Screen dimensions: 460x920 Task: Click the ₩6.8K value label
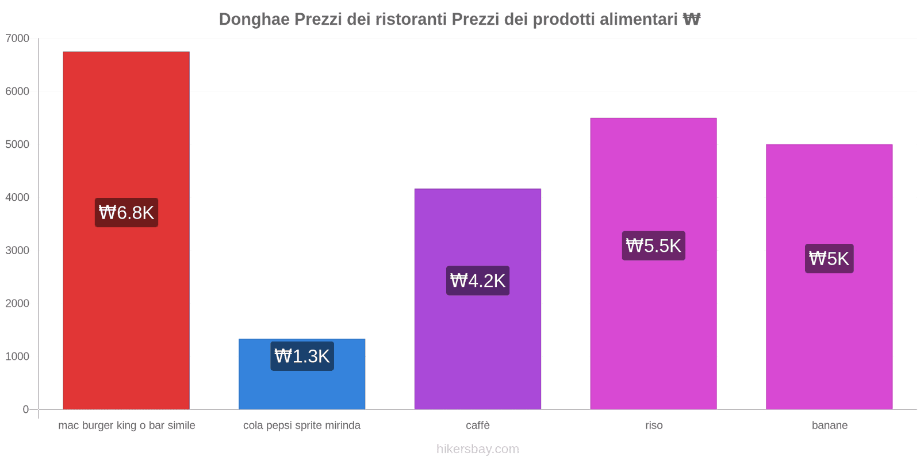[x=126, y=213]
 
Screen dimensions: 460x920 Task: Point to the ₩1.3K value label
[x=302, y=356]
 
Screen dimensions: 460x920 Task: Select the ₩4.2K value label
[x=478, y=281]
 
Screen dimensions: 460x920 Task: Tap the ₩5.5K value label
[x=653, y=246]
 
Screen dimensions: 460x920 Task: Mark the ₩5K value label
[x=829, y=259]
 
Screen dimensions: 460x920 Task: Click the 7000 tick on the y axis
[x=17, y=39]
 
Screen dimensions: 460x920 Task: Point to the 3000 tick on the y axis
[x=17, y=250]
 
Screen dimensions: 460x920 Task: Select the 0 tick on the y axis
[x=25, y=409]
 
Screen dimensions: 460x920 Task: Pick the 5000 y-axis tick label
[x=17, y=144]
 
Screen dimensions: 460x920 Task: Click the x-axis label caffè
[x=478, y=425]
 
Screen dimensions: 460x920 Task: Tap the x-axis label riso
[x=654, y=425]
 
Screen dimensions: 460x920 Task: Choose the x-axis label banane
[x=829, y=425]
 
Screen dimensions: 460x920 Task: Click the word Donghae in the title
[x=254, y=20]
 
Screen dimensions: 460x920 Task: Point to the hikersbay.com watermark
[x=477, y=449]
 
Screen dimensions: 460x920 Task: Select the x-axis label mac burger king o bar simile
[x=126, y=425]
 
